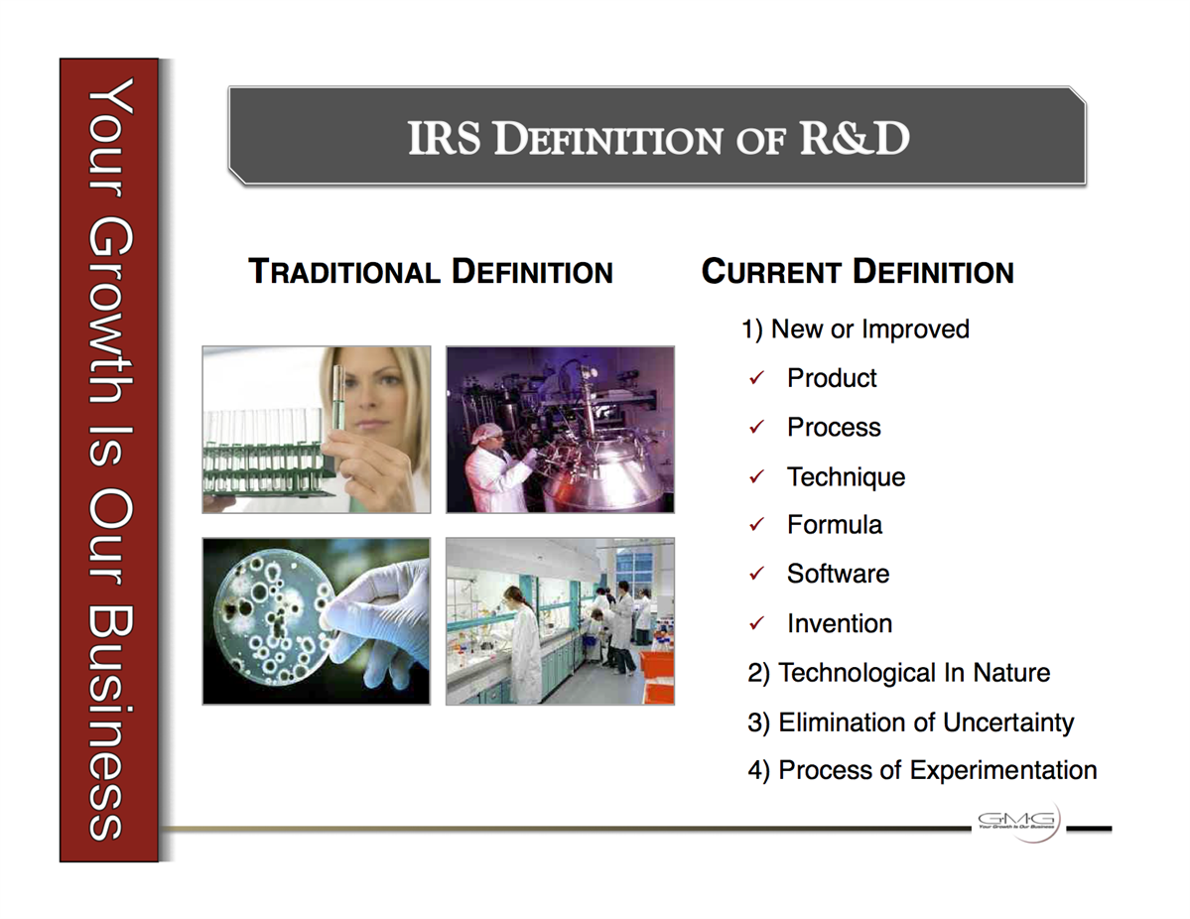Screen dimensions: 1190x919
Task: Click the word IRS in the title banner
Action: pyautogui.click(x=444, y=138)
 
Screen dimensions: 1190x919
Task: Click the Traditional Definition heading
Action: pyautogui.click(x=431, y=272)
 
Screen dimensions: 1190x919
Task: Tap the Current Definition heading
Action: pyautogui.click(x=858, y=272)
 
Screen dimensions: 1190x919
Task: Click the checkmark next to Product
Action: pyautogui.click(x=756, y=378)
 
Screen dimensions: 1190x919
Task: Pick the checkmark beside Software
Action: pyautogui.click(x=756, y=574)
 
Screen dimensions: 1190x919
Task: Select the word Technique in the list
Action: pyautogui.click(x=847, y=477)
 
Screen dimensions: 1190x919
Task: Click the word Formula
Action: pyautogui.click(x=834, y=525)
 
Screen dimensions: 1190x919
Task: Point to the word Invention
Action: pyautogui.click(x=840, y=624)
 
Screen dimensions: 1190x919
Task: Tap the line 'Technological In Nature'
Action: pyautogui.click(x=898, y=673)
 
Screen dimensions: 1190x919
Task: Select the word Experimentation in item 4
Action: pyautogui.click(x=1003, y=771)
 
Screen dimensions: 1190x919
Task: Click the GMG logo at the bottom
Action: pyautogui.click(x=1016, y=821)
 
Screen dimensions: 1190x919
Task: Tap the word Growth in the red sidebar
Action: pyautogui.click(x=110, y=312)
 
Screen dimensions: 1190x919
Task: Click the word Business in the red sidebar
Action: pyautogui.click(x=110, y=723)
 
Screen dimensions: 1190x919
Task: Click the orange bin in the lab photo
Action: pyautogui.click(x=656, y=676)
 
